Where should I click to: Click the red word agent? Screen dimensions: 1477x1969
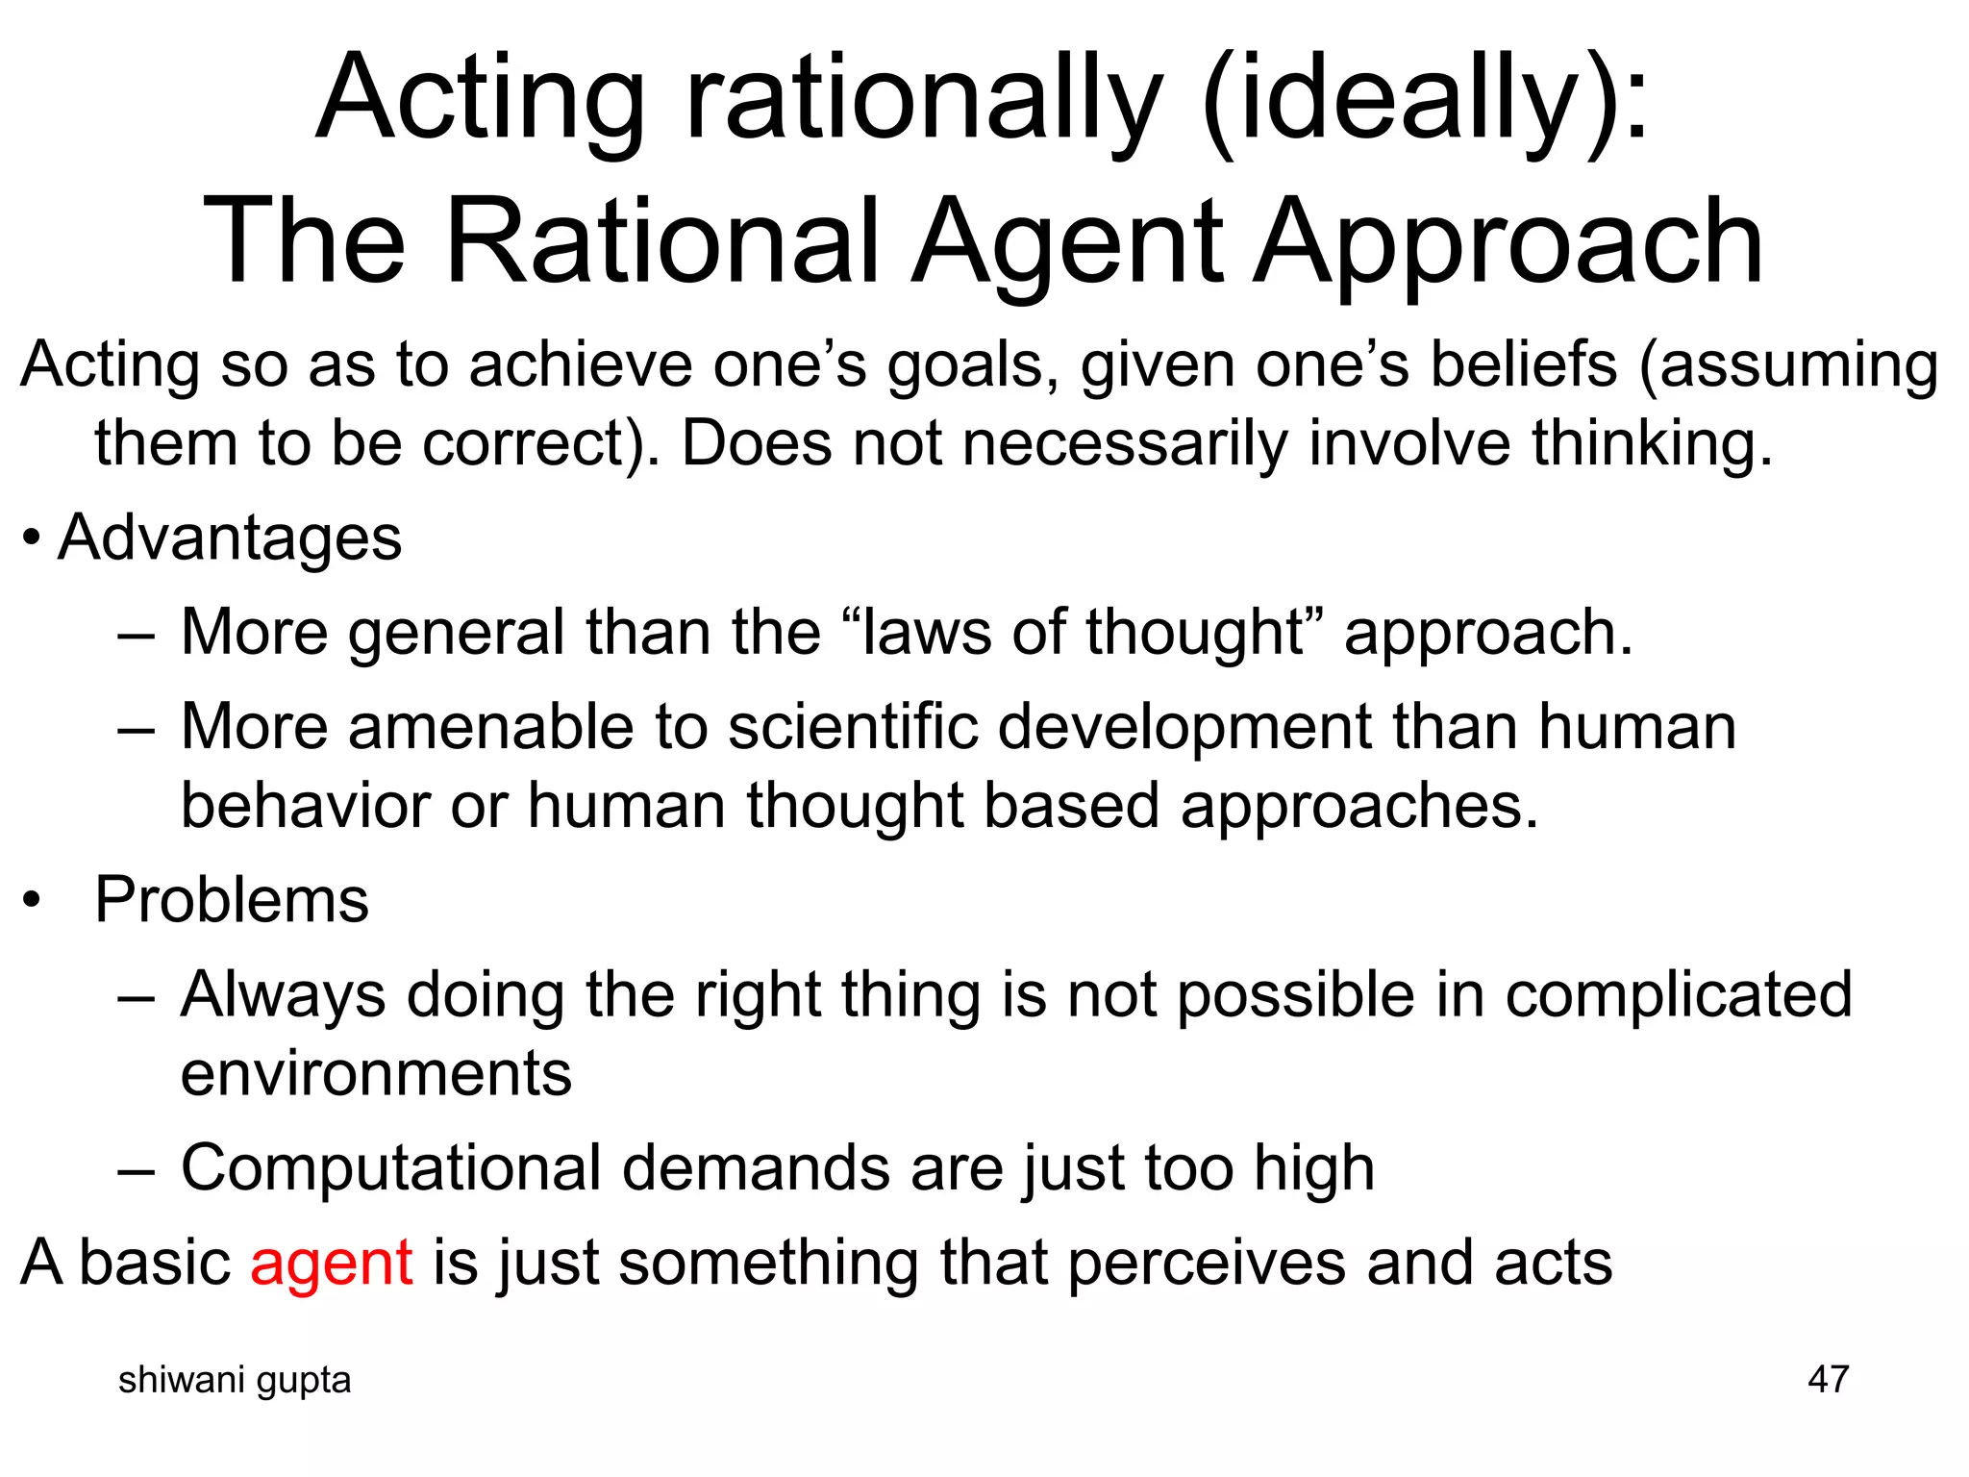[x=331, y=1264]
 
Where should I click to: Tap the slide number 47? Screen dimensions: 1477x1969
[x=1828, y=1379]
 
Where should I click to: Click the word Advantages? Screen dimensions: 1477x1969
[x=230, y=538]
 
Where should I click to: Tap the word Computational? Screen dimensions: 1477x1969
[x=390, y=1169]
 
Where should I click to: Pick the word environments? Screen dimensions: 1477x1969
[x=376, y=1074]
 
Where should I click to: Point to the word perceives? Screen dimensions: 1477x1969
[x=1206, y=1264]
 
